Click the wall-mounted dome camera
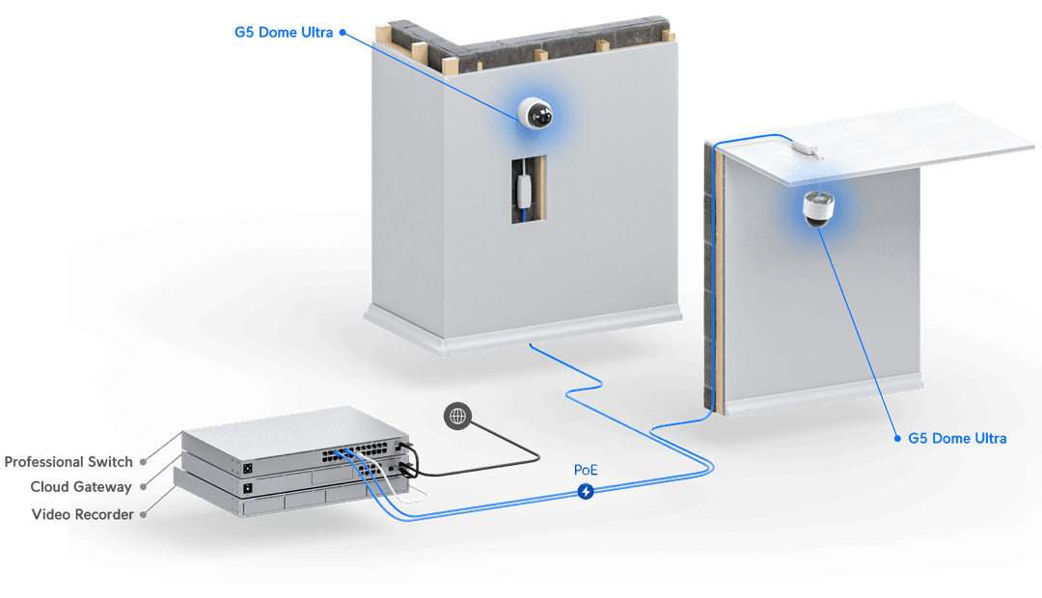(x=534, y=114)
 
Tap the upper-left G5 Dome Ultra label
(x=284, y=33)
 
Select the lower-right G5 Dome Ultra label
(x=957, y=438)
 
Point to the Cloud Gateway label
(x=81, y=487)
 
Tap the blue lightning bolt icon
(x=586, y=492)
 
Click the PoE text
(x=586, y=470)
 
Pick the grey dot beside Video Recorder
(x=143, y=514)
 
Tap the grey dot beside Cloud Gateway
(x=143, y=488)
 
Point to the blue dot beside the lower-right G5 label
(x=895, y=438)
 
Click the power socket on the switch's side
(x=248, y=468)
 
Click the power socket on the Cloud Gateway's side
(x=248, y=489)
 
